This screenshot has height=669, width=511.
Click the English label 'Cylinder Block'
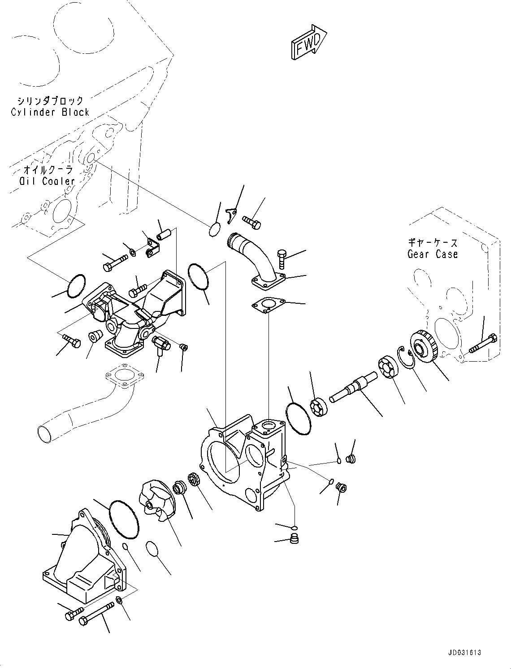coord(50,112)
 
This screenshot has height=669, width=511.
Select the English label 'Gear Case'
coord(433,254)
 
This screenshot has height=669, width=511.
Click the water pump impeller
coord(155,500)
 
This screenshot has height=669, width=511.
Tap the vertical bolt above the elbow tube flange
coord(281,259)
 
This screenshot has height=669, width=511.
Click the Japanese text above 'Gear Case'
coord(433,242)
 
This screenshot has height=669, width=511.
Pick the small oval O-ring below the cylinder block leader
coord(214,229)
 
